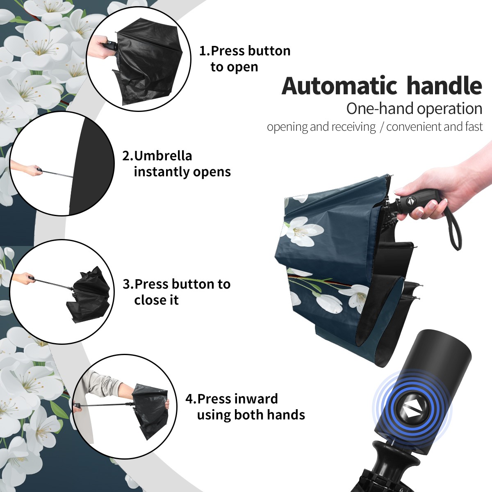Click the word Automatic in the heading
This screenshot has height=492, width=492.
pos(339,86)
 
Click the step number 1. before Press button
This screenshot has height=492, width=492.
pos(205,51)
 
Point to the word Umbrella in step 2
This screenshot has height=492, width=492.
pos(163,156)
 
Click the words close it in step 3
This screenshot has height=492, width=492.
pos(156,300)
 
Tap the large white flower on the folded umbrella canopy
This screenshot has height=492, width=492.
pos(301,231)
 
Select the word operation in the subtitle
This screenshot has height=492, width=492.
pos(450,109)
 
